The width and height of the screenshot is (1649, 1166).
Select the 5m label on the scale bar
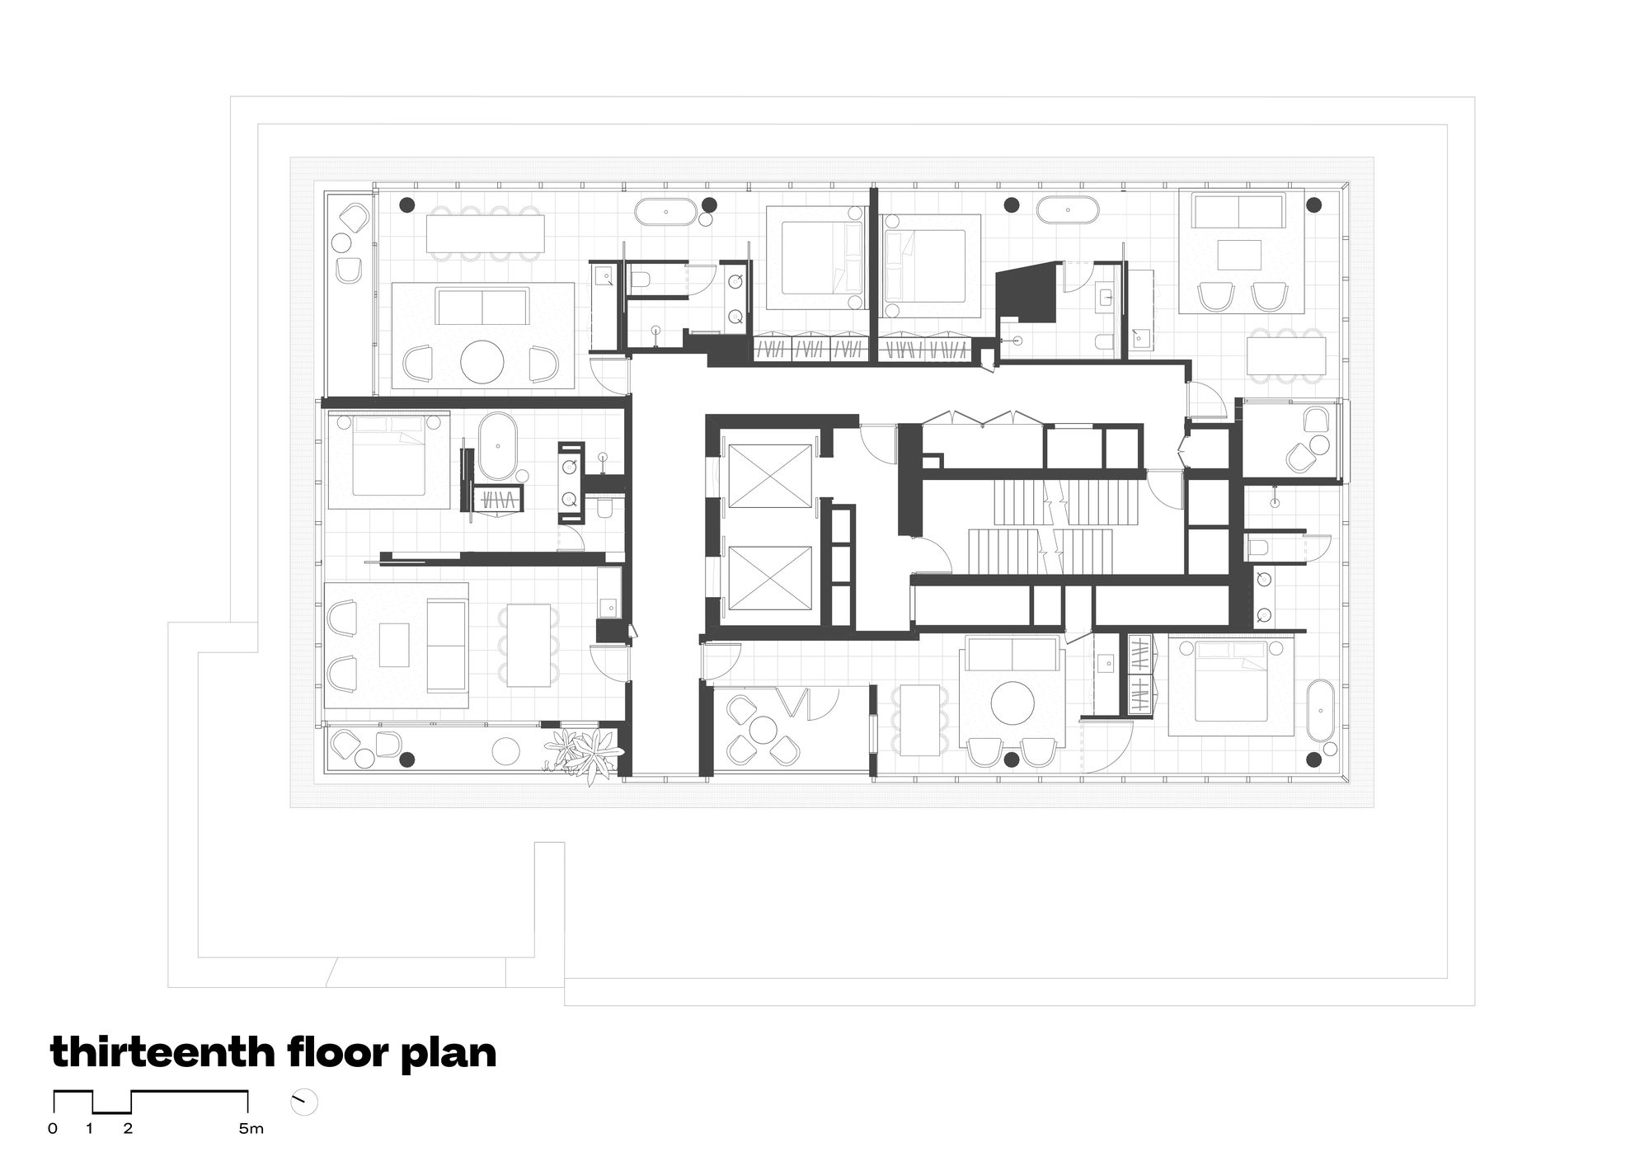click(x=251, y=1129)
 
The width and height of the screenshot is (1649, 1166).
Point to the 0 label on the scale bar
click(x=53, y=1129)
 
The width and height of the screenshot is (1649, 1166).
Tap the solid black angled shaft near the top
click(x=1025, y=293)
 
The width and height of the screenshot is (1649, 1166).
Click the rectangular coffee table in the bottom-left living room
click(x=394, y=644)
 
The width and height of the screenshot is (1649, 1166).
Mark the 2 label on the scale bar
click(x=128, y=1129)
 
